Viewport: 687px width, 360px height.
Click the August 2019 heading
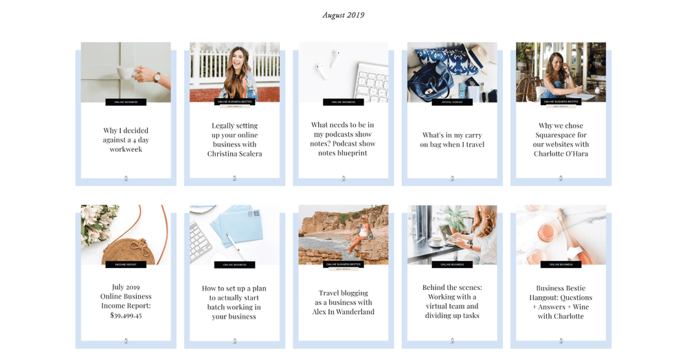(343, 15)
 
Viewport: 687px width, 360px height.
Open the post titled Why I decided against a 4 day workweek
(126, 139)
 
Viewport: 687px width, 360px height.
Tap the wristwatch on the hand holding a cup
(157, 78)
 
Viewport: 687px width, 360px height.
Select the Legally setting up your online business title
(234, 140)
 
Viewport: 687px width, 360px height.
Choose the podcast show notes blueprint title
(343, 139)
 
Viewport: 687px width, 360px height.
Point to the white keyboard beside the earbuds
(370, 82)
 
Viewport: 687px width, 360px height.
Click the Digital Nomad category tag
(452, 102)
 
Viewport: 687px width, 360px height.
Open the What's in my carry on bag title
(452, 140)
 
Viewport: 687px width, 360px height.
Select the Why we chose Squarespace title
(561, 140)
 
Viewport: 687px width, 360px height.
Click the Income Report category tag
(126, 265)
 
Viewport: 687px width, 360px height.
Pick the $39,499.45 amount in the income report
(126, 315)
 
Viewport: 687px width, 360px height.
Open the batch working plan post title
(234, 303)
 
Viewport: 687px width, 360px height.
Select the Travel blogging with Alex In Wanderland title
(343, 302)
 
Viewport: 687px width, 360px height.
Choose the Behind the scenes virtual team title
(451, 302)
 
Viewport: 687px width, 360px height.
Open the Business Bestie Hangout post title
(561, 302)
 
